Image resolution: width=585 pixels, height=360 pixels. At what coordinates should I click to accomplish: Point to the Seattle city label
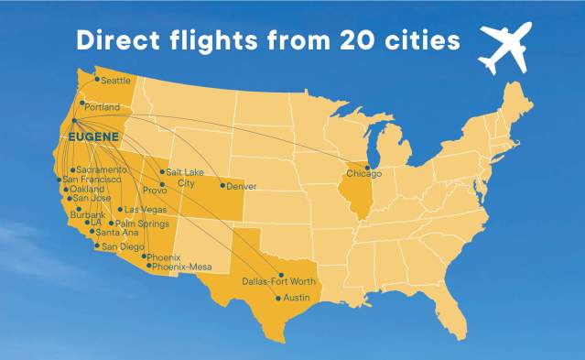116,81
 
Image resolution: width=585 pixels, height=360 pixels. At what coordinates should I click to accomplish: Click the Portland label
103,107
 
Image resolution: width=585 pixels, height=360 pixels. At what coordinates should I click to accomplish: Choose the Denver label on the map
241,187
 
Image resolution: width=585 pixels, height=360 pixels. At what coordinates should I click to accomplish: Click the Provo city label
154,191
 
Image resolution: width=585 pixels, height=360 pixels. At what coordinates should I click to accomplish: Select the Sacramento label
102,170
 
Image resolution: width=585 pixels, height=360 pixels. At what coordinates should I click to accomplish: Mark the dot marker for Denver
222,186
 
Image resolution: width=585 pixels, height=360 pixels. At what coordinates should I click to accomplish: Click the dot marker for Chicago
368,168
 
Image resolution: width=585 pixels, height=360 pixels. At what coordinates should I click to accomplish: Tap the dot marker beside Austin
278,299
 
